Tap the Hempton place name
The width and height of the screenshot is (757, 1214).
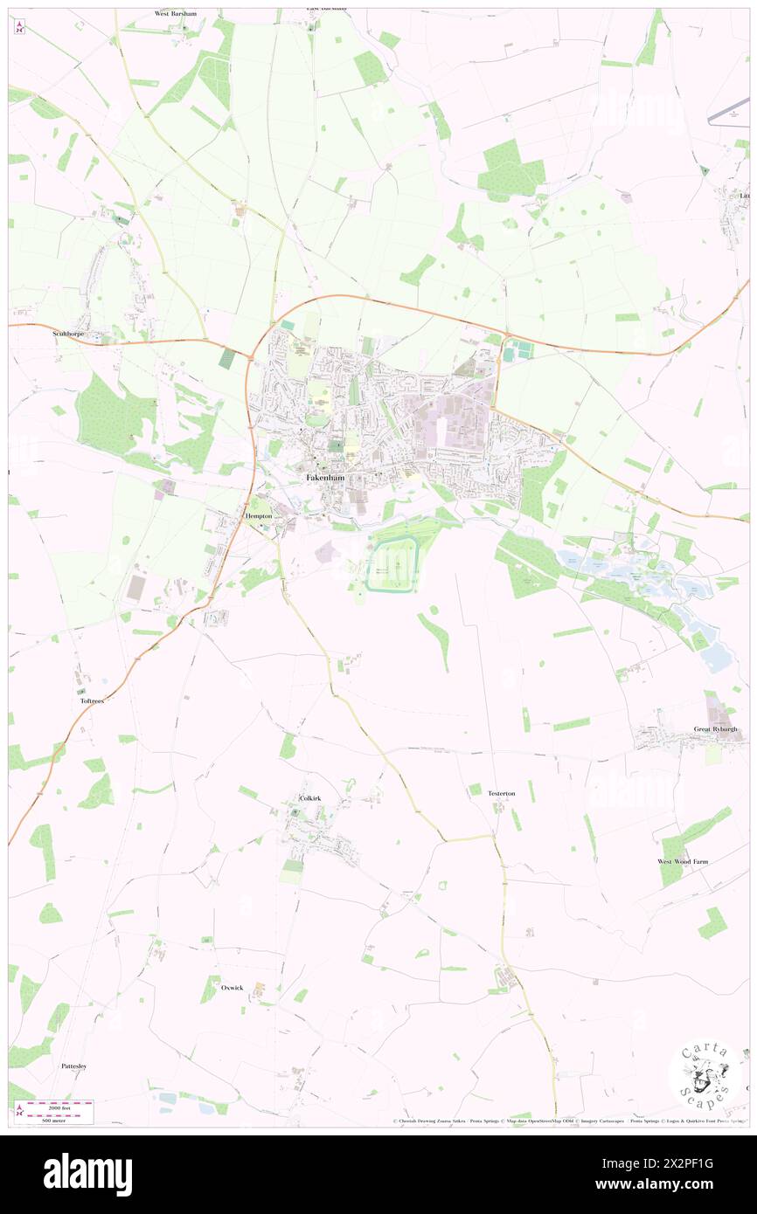[260, 517]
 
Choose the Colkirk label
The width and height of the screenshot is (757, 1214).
[310, 798]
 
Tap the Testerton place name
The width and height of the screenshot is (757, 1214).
[501, 793]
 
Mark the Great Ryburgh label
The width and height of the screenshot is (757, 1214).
[715, 729]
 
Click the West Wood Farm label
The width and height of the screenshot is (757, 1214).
[683, 861]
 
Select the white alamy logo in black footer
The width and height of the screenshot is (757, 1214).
[87, 1174]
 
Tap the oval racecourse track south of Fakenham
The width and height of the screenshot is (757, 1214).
[392, 564]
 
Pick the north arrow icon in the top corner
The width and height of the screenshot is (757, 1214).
[19, 26]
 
